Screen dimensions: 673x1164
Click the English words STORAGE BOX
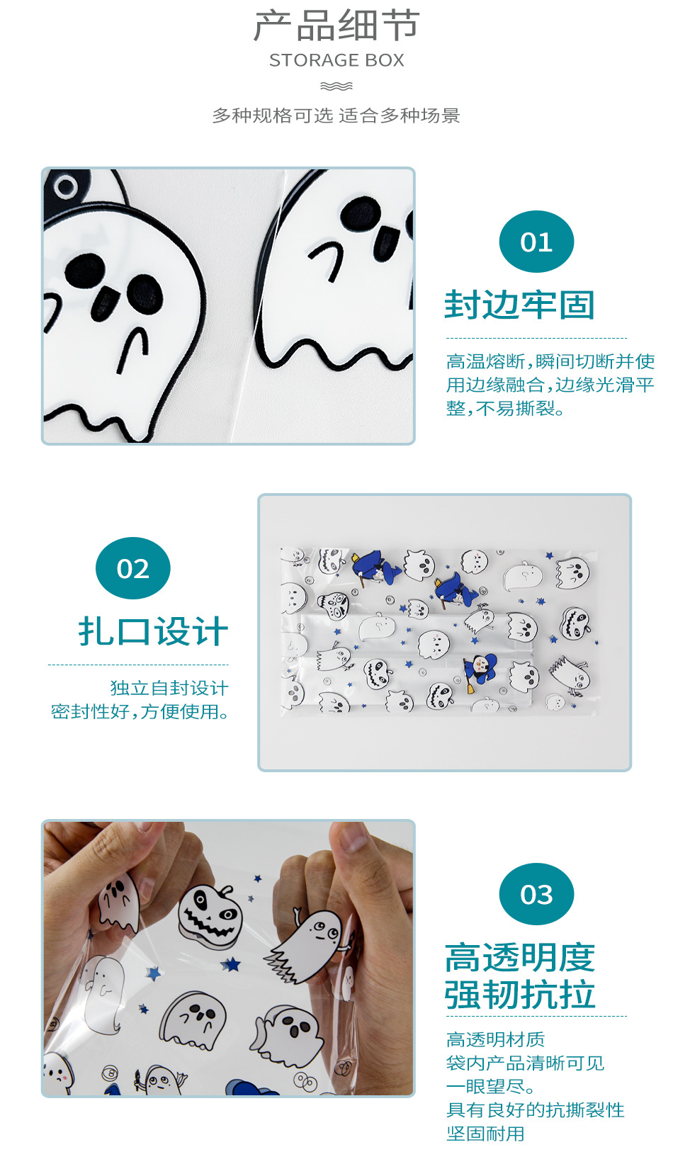336,60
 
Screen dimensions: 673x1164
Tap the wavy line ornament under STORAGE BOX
336,86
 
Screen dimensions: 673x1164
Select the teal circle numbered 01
536,242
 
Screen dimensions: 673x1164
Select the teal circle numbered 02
133,568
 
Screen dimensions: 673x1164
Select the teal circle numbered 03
536,894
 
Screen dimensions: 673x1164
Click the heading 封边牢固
520,305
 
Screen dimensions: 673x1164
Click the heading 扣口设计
153,631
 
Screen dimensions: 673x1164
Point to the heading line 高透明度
520,957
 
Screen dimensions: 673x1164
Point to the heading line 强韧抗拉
520,994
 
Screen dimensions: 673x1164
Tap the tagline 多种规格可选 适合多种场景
336,115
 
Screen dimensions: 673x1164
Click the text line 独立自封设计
169,688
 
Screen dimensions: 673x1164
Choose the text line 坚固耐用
485,1134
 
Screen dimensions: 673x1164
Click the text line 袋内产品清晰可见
525,1063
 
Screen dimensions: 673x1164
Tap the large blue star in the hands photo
231,964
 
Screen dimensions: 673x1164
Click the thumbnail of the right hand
353,837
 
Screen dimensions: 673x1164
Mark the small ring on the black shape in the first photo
66,186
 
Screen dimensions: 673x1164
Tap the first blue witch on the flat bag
375,568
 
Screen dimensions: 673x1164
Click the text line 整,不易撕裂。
505,409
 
